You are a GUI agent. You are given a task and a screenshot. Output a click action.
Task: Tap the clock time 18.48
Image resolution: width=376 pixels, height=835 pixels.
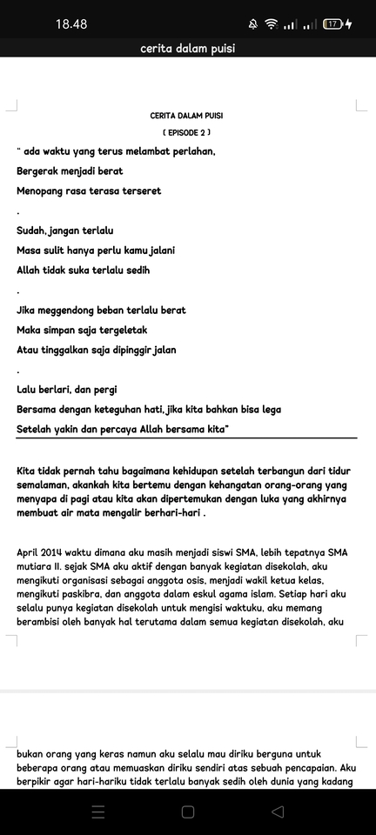(71, 24)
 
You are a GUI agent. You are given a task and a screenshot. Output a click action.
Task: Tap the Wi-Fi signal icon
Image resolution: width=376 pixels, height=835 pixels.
(272, 24)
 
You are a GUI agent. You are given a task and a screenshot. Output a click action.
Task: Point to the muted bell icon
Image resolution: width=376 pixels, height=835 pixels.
(252, 24)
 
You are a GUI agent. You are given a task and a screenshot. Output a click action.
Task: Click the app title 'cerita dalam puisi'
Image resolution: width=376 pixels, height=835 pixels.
(187, 49)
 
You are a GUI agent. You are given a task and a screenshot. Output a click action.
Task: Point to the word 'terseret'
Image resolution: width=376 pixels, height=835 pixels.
(139, 190)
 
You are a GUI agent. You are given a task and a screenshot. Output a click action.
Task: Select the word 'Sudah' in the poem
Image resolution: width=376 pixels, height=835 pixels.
(31, 230)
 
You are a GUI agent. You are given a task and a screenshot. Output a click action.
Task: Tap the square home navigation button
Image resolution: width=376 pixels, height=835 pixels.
(187, 812)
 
